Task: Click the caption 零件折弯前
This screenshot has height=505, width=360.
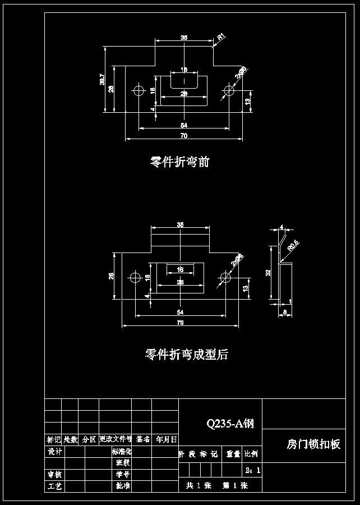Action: [179, 162]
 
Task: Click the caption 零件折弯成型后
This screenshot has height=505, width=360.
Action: [186, 355]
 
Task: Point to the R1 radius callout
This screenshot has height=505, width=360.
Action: [221, 38]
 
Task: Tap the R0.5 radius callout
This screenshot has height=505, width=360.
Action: [293, 246]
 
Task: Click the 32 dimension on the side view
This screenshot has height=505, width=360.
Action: [269, 273]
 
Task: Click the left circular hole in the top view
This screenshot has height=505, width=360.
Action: [139, 91]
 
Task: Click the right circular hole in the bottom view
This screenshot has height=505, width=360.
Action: [225, 277]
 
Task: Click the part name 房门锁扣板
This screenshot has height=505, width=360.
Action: [313, 444]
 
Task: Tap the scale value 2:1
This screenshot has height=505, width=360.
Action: [252, 471]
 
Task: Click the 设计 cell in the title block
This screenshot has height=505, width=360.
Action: [54, 451]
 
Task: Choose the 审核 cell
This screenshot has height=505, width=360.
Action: [54, 475]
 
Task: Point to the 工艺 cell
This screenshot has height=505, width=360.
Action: [54, 486]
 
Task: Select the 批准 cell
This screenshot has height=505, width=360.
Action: [123, 486]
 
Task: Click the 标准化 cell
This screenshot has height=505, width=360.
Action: [122, 451]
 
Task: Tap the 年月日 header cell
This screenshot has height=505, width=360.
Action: [166, 439]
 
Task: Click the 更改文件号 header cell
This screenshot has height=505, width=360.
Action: [115, 439]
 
